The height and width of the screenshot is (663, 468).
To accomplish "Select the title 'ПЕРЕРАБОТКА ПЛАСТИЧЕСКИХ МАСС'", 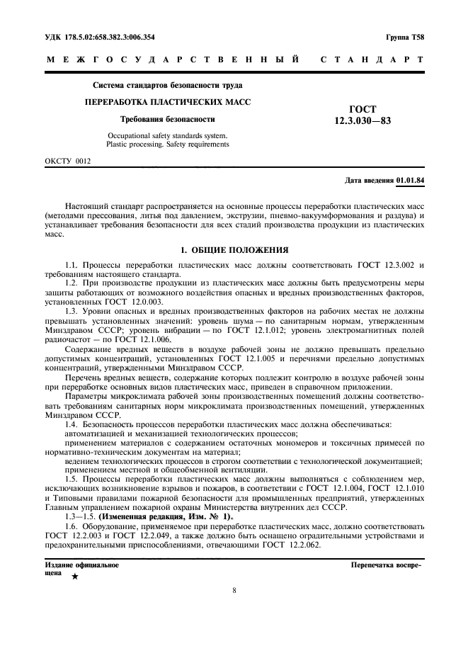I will [x=168, y=102].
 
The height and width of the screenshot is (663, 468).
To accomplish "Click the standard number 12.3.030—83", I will [x=363, y=120].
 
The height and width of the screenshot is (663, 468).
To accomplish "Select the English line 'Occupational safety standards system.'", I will [x=168, y=135].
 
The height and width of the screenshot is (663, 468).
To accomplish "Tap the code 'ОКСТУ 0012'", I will [x=68, y=161].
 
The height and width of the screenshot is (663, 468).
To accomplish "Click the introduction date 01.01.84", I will [x=411, y=180].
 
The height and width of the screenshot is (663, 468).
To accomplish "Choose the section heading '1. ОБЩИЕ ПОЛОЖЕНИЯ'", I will [x=234, y=250].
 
